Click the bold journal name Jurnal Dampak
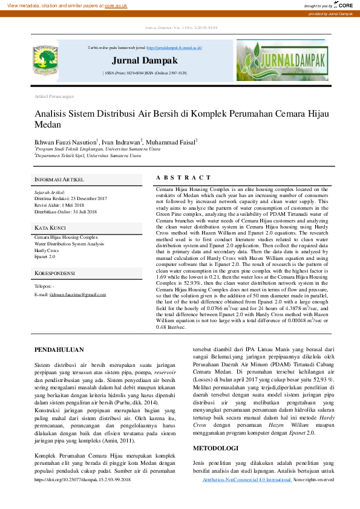tap(145, 61)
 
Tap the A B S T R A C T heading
tap(184, 178)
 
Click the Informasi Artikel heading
tap(59, 180)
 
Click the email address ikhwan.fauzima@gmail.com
tap(78, 294)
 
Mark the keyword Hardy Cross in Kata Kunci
tap(47, 250)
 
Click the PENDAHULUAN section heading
tap(59, 350)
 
